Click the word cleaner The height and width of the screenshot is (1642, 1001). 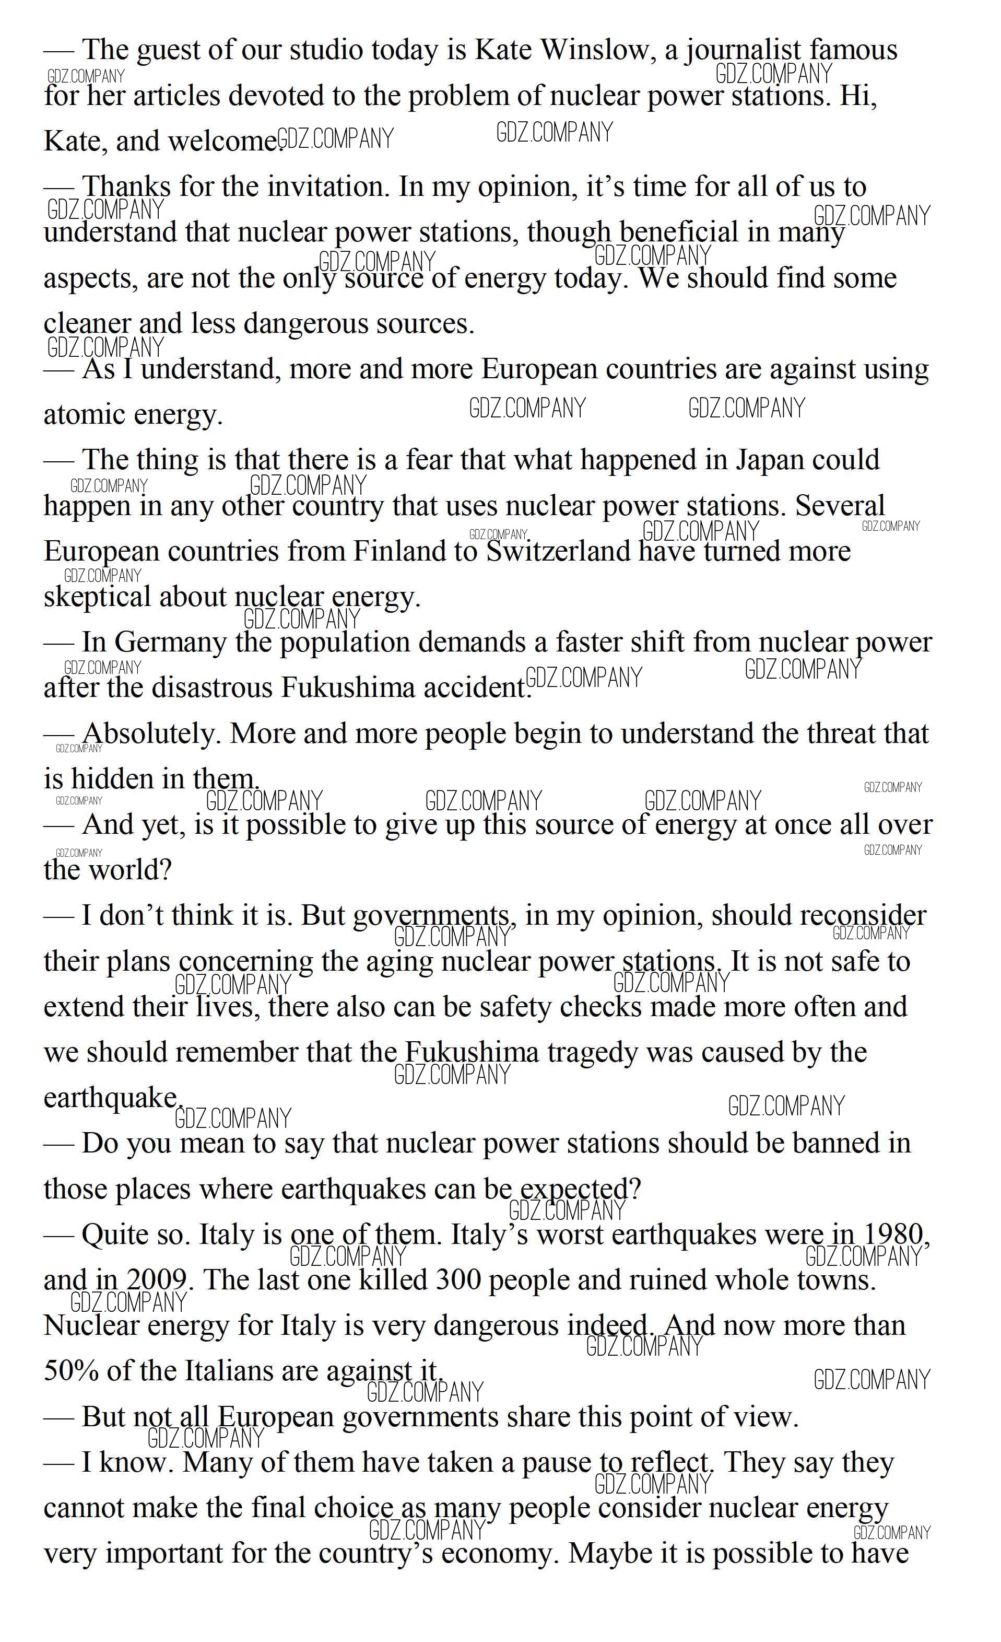click(86, 324)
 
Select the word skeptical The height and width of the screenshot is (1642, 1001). click(97, 597)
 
